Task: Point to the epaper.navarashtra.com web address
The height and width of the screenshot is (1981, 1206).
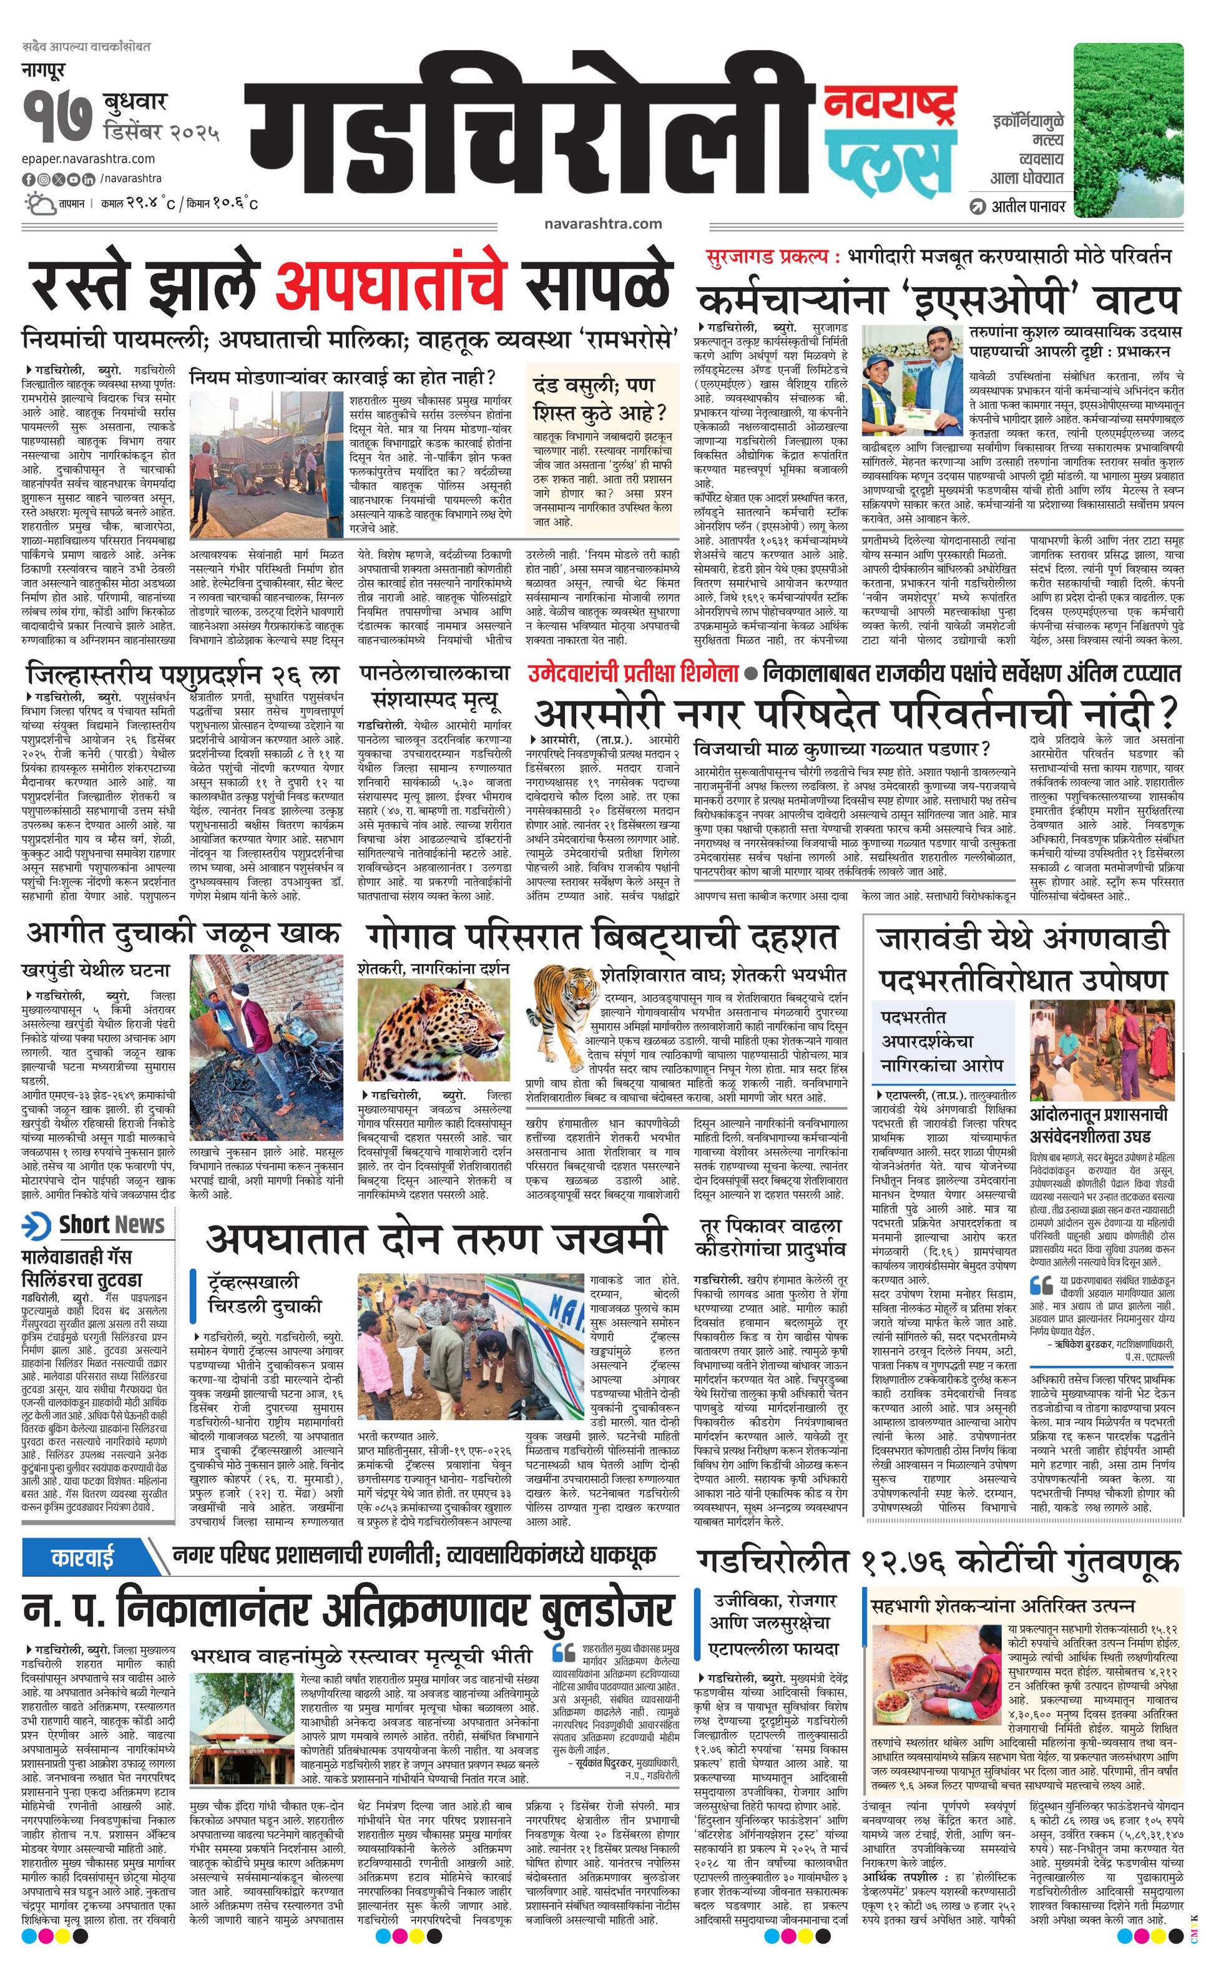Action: [89, 159]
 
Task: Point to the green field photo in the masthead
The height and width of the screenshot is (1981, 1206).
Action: [1128, 129]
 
